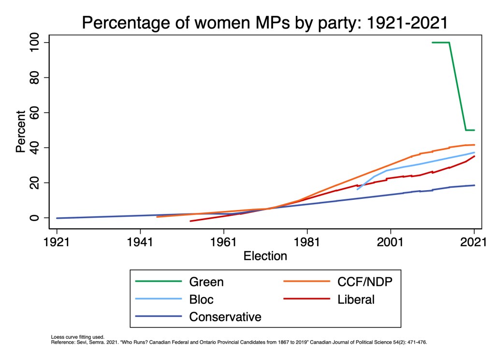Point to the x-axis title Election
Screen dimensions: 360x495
(265, 255)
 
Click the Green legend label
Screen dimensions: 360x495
(206, 282)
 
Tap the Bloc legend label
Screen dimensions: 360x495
(201, 300)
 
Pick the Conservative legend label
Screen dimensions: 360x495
(225, 317)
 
